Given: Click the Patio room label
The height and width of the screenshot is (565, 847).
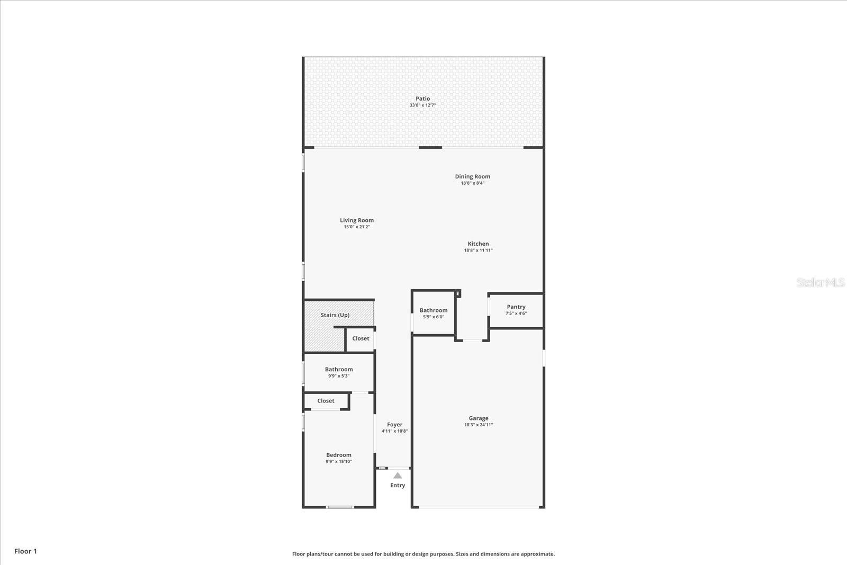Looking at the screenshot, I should [422, 98].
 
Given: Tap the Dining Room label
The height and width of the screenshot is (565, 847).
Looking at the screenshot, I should [472, 176].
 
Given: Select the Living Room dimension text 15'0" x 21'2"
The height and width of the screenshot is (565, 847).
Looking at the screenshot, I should [356, 227].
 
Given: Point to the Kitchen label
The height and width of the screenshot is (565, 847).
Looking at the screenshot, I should [478, 244].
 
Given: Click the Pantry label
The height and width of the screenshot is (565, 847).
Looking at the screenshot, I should [516, 307].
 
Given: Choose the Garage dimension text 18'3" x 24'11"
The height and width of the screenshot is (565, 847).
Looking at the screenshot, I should [478, 425].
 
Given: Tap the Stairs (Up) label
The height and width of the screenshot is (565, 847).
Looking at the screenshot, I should [335, 315].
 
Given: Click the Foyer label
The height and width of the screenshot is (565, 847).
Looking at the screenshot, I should [394, 424].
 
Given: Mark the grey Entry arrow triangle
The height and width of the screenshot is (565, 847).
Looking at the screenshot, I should [398, 476].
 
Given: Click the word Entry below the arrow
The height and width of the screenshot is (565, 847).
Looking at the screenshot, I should [398, 485].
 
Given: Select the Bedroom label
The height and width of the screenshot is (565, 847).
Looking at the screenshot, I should [338, 455].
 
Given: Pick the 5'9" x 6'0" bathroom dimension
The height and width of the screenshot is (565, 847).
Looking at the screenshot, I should [433, 317].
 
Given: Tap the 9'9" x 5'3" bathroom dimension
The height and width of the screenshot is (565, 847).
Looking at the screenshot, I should [338, 376].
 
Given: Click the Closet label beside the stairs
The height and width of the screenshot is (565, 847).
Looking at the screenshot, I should [361, 338].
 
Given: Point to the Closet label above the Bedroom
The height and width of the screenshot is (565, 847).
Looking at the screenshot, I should [326, 401].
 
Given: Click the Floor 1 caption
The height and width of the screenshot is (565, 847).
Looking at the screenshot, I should [25, 551].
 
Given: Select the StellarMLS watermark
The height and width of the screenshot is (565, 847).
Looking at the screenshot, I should [821, 282].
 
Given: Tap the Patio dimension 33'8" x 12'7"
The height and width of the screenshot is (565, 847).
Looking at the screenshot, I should [422, 105].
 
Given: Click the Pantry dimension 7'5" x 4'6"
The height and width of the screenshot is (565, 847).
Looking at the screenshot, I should [516, 313].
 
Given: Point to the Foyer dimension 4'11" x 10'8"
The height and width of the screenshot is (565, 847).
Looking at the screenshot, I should [394, 431].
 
